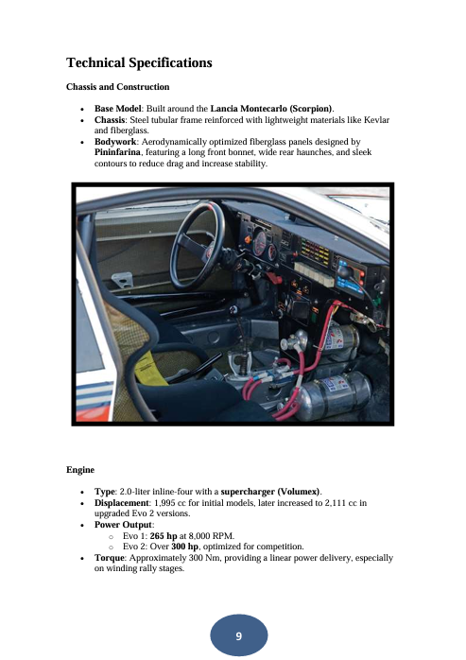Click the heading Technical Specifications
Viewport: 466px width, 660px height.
[139, 64]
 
